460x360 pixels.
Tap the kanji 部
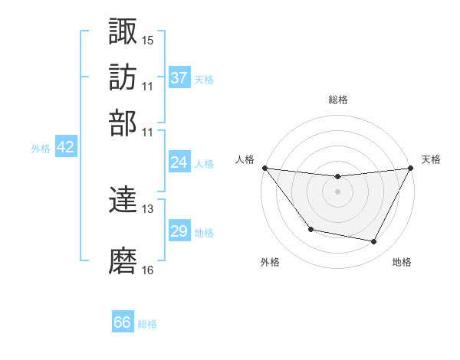[123, 123]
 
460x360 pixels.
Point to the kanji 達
[123, 201]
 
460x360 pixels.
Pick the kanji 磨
[123, 261]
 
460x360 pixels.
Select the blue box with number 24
[179, 162]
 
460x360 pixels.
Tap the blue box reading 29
[179, 231]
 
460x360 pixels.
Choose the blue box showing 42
[66, 148]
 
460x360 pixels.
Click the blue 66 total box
[123, 322]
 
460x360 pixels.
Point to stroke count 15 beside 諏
[148, 40]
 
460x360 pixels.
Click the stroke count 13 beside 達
[148, 209]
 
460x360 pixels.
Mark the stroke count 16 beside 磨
[148, 270]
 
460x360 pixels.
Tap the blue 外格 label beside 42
[41, 149]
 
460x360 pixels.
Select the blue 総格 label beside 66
[147, 324]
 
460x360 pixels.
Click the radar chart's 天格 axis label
[431, 159]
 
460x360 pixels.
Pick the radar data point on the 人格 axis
[264, 168]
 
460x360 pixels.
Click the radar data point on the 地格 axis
[374, 242]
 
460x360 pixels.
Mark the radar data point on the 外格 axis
[310, 229]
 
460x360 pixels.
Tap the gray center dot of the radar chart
[337, 191]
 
